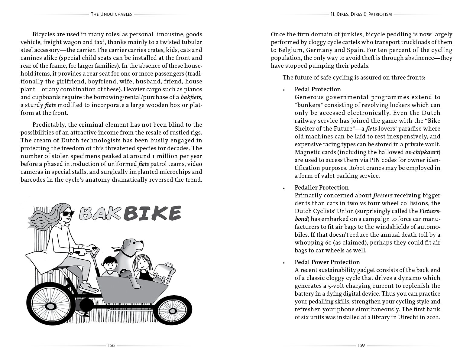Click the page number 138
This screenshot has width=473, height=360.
(111, 345)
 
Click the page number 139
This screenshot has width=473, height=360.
(361, 345)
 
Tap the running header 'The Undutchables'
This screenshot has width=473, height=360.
(111, 14)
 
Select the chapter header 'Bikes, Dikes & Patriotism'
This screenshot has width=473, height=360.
(361, 14)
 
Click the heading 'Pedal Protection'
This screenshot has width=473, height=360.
(318, 89)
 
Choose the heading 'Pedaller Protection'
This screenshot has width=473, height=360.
(322, 187)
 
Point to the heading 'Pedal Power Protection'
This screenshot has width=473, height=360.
(327, 262)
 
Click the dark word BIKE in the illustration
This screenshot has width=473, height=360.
(153, 213)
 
